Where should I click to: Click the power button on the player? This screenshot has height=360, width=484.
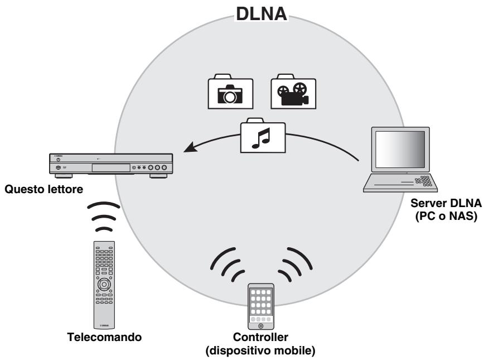click(x=57, y=159)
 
